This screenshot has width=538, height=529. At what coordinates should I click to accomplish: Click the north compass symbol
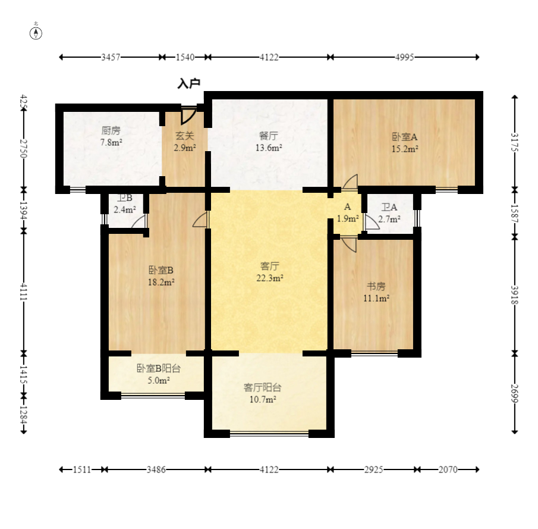[36, 33]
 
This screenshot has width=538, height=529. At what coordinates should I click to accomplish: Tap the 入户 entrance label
[188, 83]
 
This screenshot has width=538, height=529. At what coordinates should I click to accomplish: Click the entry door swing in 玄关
[188, 115]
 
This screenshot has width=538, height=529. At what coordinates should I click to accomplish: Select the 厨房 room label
[111, 130]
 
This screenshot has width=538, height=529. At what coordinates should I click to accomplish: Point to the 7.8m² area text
[111, 142]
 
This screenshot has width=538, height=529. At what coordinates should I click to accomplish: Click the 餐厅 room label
[269, 136]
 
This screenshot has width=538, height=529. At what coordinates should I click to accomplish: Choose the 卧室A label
[405, 137]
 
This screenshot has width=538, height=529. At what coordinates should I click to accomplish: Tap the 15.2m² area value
[405, 149]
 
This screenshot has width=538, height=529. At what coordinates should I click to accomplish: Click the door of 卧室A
[350, 181]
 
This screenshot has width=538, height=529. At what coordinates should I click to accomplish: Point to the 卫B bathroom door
[139, 221]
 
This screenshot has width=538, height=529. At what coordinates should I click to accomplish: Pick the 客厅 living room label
[270, 266]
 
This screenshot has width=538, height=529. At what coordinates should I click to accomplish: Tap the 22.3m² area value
[270, 278]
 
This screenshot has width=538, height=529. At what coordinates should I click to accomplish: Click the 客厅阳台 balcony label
[263, 387]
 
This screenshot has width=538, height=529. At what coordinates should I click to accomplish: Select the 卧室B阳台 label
[159, 368]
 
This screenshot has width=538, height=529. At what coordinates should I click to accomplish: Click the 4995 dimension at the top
[404, 57]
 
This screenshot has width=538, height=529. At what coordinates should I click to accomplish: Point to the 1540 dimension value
[185, 57]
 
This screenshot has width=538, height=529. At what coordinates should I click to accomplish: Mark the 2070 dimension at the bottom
[448, 469]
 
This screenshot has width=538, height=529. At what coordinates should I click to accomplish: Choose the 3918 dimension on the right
[514, 295]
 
